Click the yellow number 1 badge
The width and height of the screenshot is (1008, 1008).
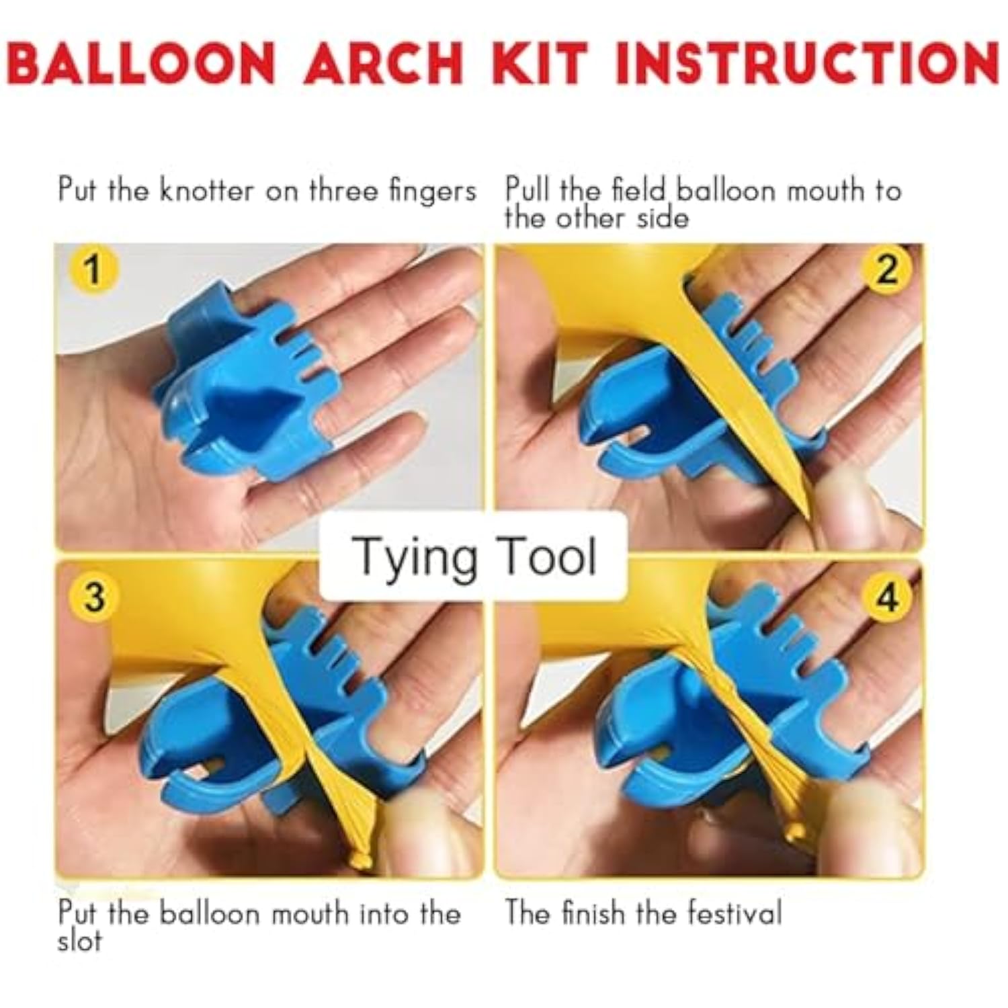93,271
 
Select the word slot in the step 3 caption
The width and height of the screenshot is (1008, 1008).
79,941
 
